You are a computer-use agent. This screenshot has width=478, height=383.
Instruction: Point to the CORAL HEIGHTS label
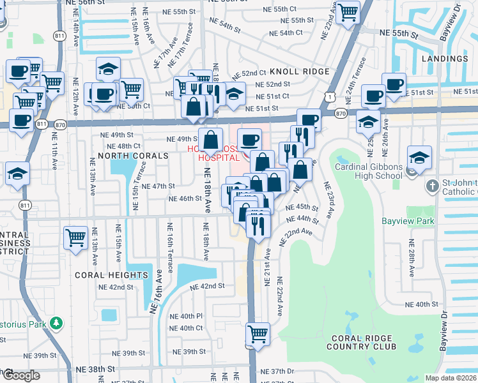pos(112,275)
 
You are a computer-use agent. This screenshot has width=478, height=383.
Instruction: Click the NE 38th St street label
pos(95,369)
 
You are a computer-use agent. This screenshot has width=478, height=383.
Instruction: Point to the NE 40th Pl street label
pos(185,316)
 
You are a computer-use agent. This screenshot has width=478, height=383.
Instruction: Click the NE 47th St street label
pos(158,186)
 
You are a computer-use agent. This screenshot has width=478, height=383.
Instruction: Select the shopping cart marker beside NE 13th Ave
pos(75,238)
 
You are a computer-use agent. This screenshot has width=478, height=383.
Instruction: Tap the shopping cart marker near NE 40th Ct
pos(258,333)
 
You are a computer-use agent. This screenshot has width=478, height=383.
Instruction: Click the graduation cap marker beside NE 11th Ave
pos(17,173)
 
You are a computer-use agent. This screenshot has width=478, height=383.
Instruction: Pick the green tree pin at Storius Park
pos(56,324)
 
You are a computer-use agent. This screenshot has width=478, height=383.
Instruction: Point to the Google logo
pos(21,376)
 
